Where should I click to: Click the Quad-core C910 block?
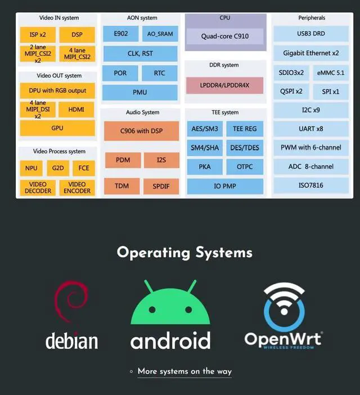[225, 36]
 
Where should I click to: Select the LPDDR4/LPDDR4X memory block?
[224, 86]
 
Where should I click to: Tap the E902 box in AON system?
[120, 34]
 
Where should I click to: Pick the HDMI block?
[76, 109]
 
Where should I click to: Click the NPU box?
[31, 168]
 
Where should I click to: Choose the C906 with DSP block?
[142, 131]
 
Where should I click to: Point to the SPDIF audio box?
[161, 186]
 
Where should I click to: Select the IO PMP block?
[225, 186]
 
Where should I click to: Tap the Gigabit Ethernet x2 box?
[311, 53]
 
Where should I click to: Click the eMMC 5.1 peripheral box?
[331, 73]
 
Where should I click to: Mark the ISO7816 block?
[311, 186]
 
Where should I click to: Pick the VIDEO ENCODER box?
[77, 187]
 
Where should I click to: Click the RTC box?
[159, 73]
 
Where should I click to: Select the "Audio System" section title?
[142, 113]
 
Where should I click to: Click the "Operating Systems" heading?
[184, 253]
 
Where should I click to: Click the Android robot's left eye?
[152, 309]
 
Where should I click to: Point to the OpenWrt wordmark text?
[283, 339]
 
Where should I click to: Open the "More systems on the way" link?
[184, 371]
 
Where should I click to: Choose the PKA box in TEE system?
[205, 167]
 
